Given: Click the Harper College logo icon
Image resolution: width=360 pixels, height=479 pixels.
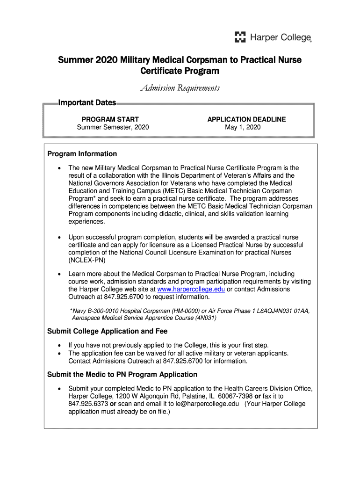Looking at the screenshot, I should tap(240, 37).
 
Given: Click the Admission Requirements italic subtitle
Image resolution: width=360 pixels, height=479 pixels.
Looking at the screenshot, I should tap(180, 88).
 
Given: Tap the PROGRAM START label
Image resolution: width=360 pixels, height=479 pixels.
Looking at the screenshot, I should tap(110, 119).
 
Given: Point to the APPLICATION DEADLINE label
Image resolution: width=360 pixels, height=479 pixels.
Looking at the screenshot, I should tap(246, 119).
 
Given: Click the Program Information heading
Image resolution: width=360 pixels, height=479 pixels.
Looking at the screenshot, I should tap(82, 154).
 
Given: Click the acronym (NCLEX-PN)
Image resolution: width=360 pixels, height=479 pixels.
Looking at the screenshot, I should tap(87, 260).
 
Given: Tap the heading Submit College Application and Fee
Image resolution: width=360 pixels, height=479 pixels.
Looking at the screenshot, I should tap(108, 331).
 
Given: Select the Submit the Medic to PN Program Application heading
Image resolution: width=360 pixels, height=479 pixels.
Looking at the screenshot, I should tap(122, 374).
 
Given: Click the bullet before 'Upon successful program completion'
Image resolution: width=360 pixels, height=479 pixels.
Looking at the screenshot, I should tap(58, 238).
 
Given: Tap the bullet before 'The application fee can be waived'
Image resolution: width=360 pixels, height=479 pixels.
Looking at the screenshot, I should tap(58, 354).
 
